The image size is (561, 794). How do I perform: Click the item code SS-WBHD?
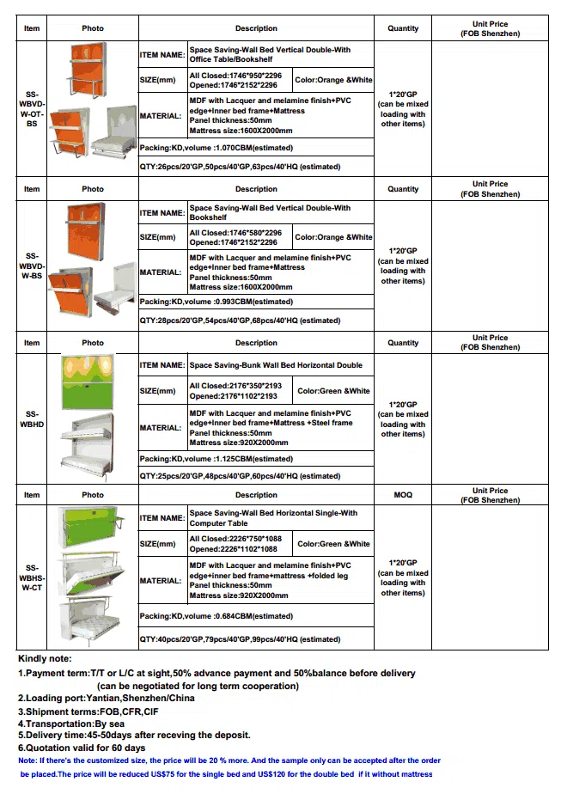pyautogui.click(x=32, y=419)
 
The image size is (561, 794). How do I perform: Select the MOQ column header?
pyautogui.click(x=403, y=495)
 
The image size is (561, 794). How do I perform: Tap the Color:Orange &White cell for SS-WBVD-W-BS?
pyautogui.click(x=333, y=237)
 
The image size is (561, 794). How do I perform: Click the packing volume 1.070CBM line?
pyautogui.click(x=216, y=148)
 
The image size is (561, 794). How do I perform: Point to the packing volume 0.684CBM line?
pyautogui.click(x=216, y=616)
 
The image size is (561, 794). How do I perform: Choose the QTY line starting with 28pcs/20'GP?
pyautogui.click(x=240, y=321)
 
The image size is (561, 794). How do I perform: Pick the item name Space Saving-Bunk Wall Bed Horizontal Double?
pyautogui.click(x=276, y=365)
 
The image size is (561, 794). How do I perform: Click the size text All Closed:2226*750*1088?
pyautogui.click(x=235, y=539)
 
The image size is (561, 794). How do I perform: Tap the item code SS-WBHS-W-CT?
pyautogui.click(x=32, y=577)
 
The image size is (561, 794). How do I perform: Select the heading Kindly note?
pyautogui.click(x=45, y=659)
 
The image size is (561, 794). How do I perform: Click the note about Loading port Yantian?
pyautogui.click(x=107, y=699)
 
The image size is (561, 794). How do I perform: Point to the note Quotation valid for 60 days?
pyautogui.click(x=82, y=748)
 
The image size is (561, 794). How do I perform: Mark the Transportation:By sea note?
pyautogui.click(x=71, y=724)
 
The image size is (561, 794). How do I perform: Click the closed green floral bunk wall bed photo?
pyautogui.click(x=88, y=382)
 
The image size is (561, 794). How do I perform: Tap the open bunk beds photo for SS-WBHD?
pyautogui.click(x=86, y=447)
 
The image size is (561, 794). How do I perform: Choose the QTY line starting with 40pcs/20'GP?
pyautogui.click(x=240, y=639)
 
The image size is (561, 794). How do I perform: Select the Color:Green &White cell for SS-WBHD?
pyautogui.click(x=333, y=391)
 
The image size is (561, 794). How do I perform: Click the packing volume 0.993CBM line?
pyautogui.click(x=216, y=302)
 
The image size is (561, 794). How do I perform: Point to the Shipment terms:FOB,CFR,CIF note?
pyautogui.click(x=88, y=712)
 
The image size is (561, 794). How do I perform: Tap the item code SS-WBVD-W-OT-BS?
pyautogui.click(x=32, y=109)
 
